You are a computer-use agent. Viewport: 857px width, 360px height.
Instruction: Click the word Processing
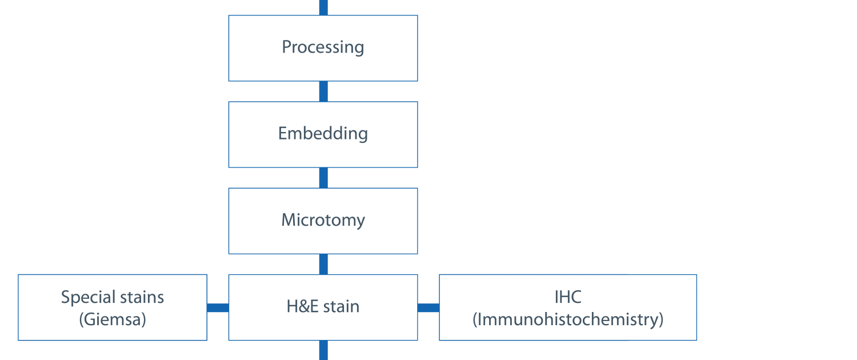(323, 47)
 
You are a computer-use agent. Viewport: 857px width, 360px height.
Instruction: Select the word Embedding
(323, 134)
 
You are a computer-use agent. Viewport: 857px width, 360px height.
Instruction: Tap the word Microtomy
(323, 220)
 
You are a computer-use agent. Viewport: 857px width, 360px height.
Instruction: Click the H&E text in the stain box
(302, 306)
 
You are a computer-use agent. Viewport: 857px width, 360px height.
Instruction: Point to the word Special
(88, 298)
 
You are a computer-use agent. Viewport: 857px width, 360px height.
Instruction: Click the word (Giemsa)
(113, 319)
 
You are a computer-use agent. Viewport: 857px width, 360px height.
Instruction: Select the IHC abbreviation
(568, 297)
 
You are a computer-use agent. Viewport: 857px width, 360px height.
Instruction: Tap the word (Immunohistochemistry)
(568, 319)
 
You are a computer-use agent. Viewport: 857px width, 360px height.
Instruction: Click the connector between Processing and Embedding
(323, 91)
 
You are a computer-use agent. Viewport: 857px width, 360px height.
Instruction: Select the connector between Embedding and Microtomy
(323, 178)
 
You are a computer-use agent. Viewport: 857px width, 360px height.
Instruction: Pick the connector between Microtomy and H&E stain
(323, 265)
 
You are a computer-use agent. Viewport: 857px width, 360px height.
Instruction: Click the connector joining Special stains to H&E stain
(218, 307)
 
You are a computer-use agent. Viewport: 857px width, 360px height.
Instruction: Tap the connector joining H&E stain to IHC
(428, 307)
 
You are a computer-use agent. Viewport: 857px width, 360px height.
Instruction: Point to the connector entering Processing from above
(323, 7)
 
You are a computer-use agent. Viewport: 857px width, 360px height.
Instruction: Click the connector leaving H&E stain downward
(323, 350)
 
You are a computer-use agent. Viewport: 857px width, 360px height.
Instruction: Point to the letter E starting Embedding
(283, 133)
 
